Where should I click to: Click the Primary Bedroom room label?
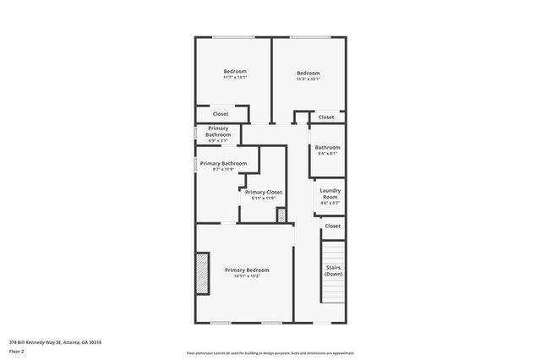(247, 270)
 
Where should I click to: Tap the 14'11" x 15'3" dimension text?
(247, 275)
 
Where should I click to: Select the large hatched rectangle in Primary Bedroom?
(202, 274)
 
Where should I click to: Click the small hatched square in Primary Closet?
(281, 215)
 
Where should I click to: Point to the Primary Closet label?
(264, 192)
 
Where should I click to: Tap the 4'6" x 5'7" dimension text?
(330, 204)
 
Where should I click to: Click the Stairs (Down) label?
(334, 271)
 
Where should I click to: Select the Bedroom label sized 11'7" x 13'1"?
(235, 71)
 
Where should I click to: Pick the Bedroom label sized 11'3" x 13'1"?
(309, 73)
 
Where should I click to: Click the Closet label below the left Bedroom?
(221, 113)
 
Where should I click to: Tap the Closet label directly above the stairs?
(333, 226)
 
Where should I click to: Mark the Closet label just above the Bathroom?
(326, 117)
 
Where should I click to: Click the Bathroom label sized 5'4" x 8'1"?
(328, 147)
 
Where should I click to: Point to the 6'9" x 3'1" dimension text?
(218, 140)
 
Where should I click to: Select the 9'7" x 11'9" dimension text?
(223, 169)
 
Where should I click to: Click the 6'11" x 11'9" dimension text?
(264, 199)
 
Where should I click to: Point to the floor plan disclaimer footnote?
(270, 352)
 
